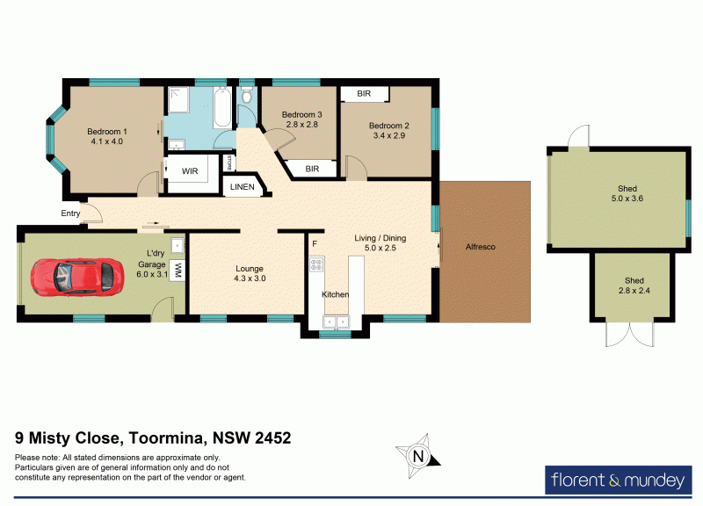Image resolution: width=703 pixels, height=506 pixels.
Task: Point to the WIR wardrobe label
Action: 190,171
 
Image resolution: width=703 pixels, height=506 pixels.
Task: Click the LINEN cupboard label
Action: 242,187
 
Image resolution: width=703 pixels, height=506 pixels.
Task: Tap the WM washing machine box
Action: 178,271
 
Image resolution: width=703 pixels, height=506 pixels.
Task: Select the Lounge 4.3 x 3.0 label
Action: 249,273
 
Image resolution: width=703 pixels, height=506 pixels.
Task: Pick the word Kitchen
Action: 336,294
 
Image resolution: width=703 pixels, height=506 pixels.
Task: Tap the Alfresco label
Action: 480,247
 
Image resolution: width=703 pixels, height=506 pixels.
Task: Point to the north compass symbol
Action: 419,455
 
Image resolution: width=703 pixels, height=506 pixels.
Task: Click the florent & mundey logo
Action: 618,481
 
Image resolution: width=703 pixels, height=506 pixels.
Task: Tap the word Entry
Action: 70,213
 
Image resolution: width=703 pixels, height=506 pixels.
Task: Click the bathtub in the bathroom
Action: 221,109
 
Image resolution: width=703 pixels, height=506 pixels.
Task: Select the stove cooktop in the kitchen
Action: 316,264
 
